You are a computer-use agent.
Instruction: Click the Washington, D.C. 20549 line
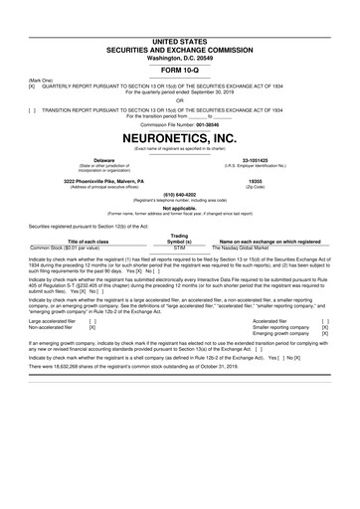click(179, 30)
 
